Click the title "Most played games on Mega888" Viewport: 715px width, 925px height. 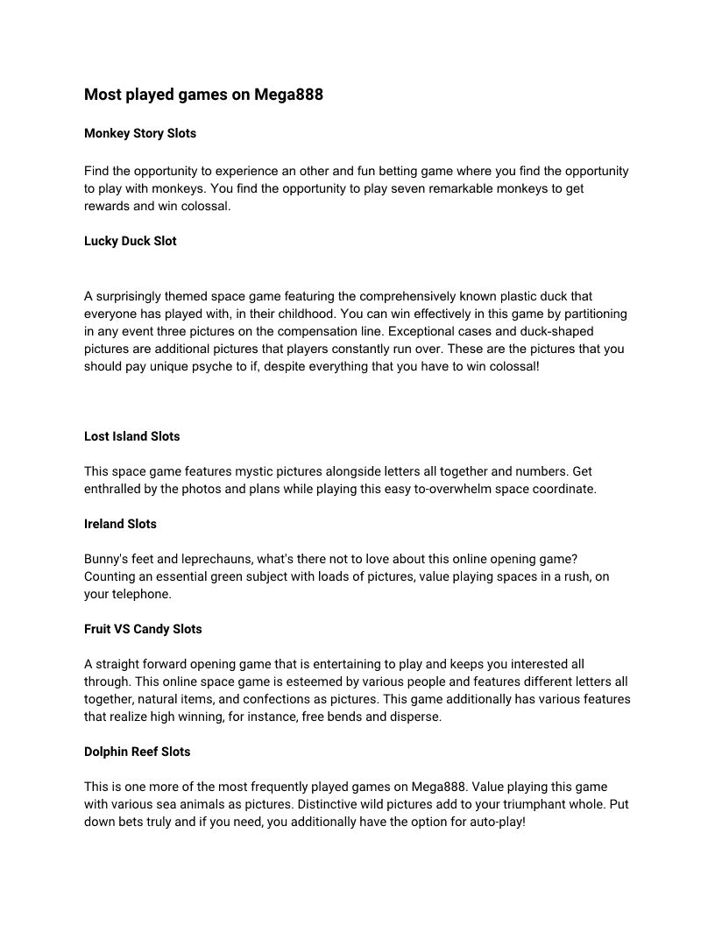[203, 95]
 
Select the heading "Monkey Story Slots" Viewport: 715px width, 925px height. [140, 134]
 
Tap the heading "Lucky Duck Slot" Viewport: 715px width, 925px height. [131, 241]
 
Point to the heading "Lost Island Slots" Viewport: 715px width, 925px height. [132, 436]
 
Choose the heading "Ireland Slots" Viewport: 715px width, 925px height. [120, 524]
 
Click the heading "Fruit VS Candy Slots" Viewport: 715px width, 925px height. [143, 629]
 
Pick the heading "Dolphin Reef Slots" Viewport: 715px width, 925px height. [137, 752]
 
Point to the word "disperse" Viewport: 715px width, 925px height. [416, 717]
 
